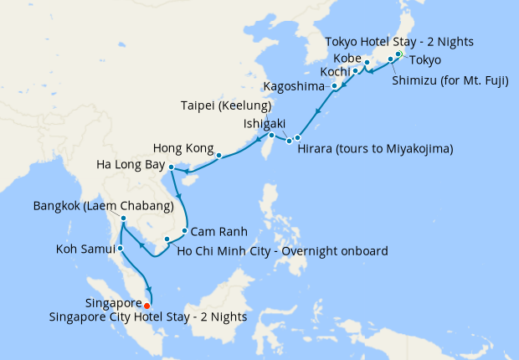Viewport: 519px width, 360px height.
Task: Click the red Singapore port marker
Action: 148,305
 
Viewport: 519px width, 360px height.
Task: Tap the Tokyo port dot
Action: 398,55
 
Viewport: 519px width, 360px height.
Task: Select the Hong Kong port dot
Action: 218,155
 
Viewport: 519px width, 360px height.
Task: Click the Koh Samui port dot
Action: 121,248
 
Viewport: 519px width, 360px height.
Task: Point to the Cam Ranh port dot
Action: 185,230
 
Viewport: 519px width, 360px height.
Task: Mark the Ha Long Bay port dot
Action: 171,167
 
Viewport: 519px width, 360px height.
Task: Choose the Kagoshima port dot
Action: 335,86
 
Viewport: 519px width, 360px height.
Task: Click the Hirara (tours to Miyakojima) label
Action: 375,150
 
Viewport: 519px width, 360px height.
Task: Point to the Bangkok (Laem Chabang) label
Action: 103,205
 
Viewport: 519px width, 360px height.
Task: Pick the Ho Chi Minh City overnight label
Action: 284,250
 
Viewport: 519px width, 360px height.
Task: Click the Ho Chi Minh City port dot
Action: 167,240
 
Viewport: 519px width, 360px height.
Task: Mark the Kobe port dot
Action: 367,63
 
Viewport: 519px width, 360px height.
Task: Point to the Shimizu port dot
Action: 390,59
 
